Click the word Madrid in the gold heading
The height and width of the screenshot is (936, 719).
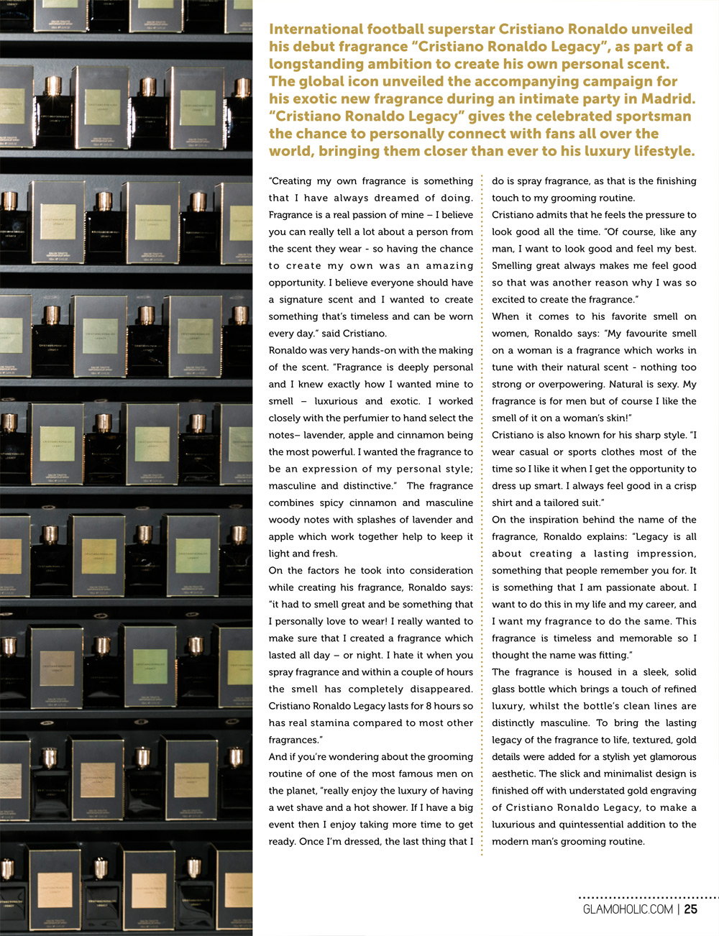tap(668, 98)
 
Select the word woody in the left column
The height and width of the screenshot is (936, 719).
tap(284, 520)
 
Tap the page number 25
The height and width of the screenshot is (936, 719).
tap(690, 909)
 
